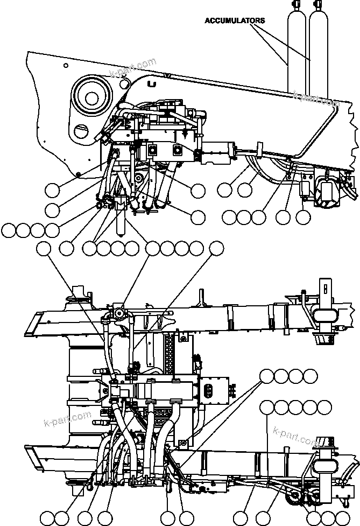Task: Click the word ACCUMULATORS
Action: tap(235, 20)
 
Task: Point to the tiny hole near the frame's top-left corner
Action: tap(65, 66)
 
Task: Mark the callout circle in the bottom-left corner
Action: tap(47, 517)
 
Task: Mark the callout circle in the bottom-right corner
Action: tap(340, 517)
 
